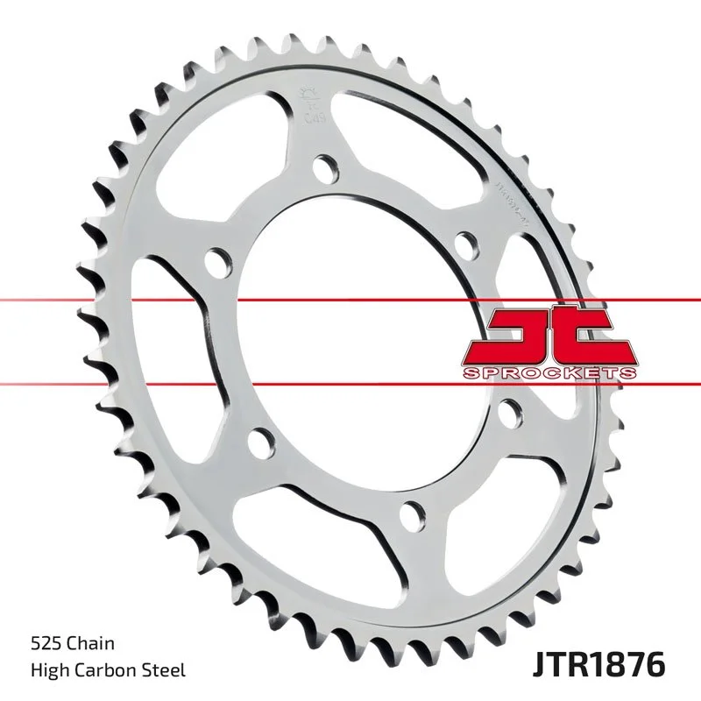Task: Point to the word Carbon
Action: point(103,671)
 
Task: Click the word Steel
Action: point(165,671)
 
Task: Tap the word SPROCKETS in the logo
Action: point(548,373)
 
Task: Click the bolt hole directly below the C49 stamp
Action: point(325,166)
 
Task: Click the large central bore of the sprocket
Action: point(350,342)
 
